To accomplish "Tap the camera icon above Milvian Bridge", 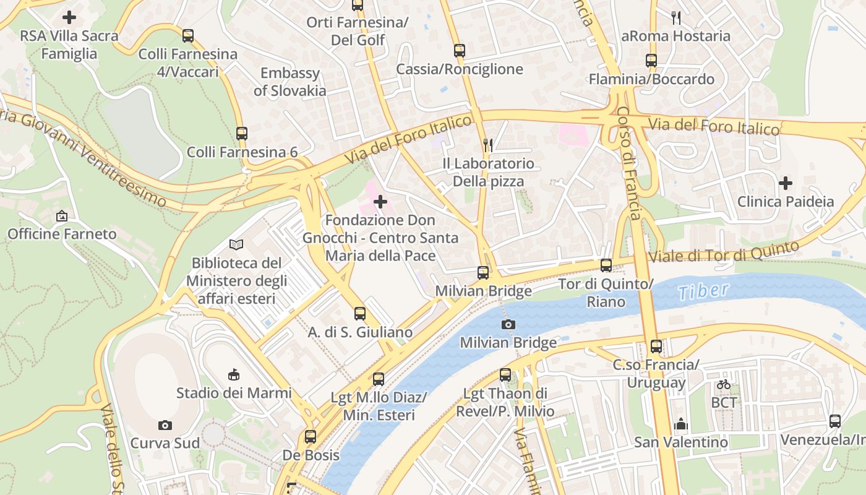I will pyautogui.click(x=508, y=324).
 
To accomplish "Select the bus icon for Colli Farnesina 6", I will pyautogui.click(x=242, y=133).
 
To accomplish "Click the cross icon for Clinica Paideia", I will pyautogui.click(x=786, y=183).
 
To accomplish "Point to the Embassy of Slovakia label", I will pyautogui.click(x=289, y=82).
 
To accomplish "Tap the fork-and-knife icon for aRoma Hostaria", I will pyautogui.click(x=676, y=18).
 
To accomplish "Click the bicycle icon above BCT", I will pyautogui.click(x=724, y=384).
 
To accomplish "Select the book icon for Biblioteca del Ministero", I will pyautogui.click(x=236, y=244).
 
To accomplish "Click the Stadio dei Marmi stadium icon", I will pyautogui.click(x=234, y=374).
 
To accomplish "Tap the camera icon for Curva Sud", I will pyautogui.click(x=165, y=425).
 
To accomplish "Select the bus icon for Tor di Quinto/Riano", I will pyautogui.click(x=606, y=265).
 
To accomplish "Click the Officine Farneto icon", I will pyautogui.click(x=62, y=216).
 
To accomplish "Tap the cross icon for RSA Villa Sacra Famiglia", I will pyautogui.click(x=69, y=17).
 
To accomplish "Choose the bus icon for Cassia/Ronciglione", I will pyautogui.click(x=459, y=51).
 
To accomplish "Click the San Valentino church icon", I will pyautogui.click(x=681, y=424).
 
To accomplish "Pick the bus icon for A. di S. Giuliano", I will pyautogui.click(x=360, y=314).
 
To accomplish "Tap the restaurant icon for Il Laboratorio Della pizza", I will pyautogui.click(x=488, y=145).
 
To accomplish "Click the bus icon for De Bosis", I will pyautogui.click(x=311, y=437).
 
